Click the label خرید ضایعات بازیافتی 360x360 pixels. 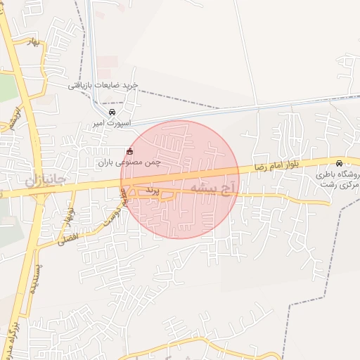coord(103,85)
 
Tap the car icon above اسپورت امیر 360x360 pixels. coord(111,112)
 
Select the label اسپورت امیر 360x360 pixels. coord(108,123)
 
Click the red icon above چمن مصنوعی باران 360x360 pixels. coord(129,151)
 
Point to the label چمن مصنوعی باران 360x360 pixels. coord(129,162)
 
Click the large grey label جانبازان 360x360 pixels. coord(46,181)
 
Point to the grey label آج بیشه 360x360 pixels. coord(211,188)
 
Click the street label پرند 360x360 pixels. coord(153,191)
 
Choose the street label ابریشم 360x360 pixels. coord(13,117)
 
